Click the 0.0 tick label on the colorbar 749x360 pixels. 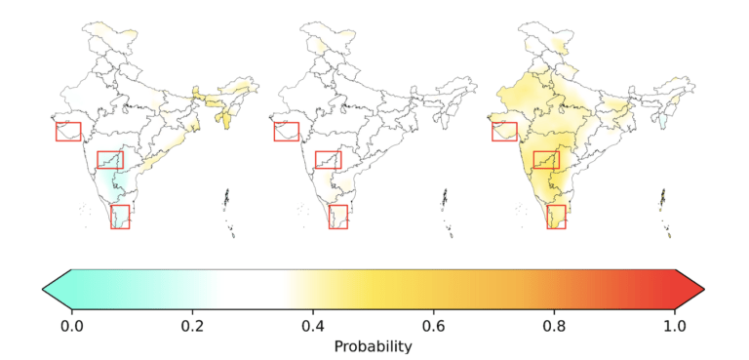pyautogui.click(x=71, y=327)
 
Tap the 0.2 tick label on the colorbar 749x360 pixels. pyautogui.click(x=192, y=327)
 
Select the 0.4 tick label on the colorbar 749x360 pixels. pyautogui.click(x=313, y=327)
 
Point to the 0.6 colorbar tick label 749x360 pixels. pyautogui.click(x=434, y=327)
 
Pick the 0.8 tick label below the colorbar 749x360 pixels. pyautogui.click(x=554, y=327)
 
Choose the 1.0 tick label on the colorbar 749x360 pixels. pyautogui.click(x=675, y=327)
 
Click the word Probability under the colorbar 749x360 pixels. pyautogui.click(x=374, y=346)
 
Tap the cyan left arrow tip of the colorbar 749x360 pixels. pyautogui.click(x=43, y=289)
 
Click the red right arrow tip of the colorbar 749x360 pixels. pyautogui.click(x=704, y=289)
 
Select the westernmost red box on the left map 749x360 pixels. pyautogui.click(x=56, y=132)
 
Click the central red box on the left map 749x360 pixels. pyautogui.click(x=98, y=160)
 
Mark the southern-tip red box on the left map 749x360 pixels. pyautogui.click(x=111, y=217)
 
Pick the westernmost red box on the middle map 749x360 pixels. pyautogui.click(x=274, y=132)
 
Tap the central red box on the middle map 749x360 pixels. pyautogui.click(x=316, y=160)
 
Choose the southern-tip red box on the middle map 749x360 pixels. pyautogui.click(x=329, y=217)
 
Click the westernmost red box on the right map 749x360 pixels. pyautogui.click(x=493, y=132)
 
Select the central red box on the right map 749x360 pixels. pyautogui.click(x=534, y=160)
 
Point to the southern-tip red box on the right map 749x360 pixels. pyautogui.click(x=547, y=217)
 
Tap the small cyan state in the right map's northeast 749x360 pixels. pyautogui.click(x=662, y=121)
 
